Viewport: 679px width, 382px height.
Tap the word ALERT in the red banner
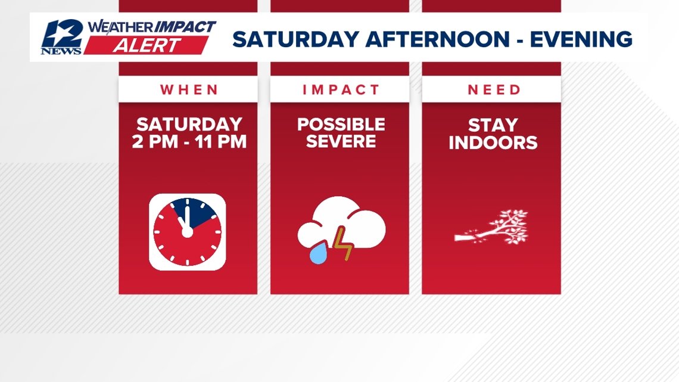coord(146,46)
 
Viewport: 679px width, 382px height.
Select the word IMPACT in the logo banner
coord(185,27)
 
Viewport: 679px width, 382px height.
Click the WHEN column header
coord(189,90)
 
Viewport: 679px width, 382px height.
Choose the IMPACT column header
coord(341,90)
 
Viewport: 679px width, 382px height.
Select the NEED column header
coord(494,90)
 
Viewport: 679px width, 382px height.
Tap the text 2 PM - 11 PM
coord(189,142)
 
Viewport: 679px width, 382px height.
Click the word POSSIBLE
coord(341,125)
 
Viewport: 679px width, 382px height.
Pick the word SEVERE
coord(341,142)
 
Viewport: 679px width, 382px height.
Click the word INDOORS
coord(493,143)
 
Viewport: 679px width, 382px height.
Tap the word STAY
coord(493,126)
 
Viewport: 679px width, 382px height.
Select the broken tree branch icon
coord(492,228)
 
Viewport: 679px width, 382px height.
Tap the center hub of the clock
coord(187,231)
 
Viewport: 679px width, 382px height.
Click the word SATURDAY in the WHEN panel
coord(189,125)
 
